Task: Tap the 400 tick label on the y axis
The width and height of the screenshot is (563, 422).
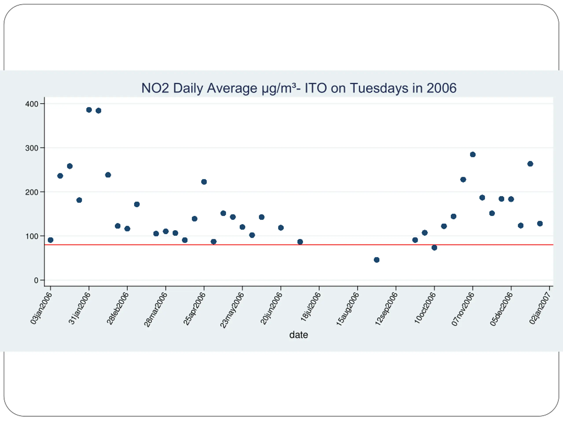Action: click(x=32, y=104)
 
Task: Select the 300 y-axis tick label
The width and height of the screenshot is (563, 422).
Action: click(x=32, y=148)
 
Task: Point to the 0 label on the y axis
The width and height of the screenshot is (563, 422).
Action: click(x=36, y=280)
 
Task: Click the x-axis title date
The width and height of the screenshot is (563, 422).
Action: click(x=299, y=335)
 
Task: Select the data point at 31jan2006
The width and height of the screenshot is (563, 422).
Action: click(x=89, y=110)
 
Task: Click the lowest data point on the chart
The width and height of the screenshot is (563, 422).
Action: click(x=377, y=260)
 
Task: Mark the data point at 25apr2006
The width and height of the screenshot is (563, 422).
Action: click(x=204, y=182)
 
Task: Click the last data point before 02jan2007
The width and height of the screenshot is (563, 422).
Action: click(x=540, y=224)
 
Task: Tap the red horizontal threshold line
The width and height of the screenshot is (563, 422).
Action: click(x=331, y=245)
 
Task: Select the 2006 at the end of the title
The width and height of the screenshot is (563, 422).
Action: click(x=442, y=88)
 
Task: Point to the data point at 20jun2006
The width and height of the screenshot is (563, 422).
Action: click(x=281, y=228)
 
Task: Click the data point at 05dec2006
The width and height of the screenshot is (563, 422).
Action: click(x=511, y=199)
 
